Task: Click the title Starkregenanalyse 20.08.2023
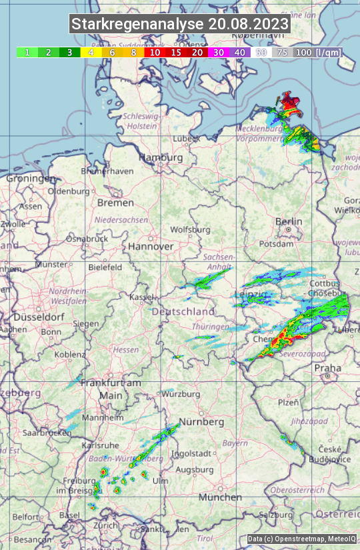[180, 25]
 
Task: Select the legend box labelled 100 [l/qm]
[317, 52]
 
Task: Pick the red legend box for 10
[154, 52]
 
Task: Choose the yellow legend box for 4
[90, 52]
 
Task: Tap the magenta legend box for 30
[218, 52]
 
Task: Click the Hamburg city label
[161, 157]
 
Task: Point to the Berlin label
[289, 221]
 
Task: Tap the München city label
[220, 497]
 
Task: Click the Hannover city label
[151, 246]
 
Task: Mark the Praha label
[327, 367]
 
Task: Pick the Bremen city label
[115, 202]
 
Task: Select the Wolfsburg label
[191, 229]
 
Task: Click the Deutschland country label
[183, 311]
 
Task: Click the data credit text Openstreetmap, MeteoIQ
[302, 539]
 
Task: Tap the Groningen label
[31, 179]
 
